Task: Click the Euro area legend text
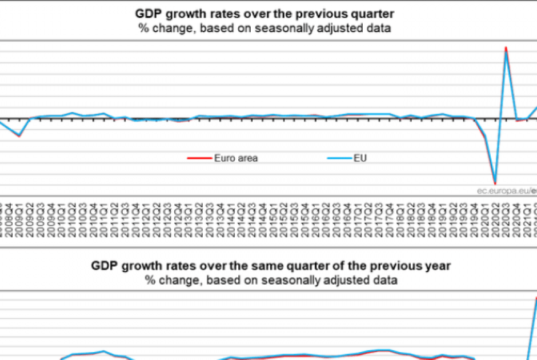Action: coord(236,158)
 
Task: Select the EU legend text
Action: coord(360,158)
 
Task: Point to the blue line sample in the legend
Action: coord(338,158)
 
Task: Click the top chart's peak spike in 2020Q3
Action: coord(506,49)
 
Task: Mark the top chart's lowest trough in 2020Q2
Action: coord(495,183)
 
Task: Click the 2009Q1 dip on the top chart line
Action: coord(19,135)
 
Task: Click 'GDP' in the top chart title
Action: coord(147,13)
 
